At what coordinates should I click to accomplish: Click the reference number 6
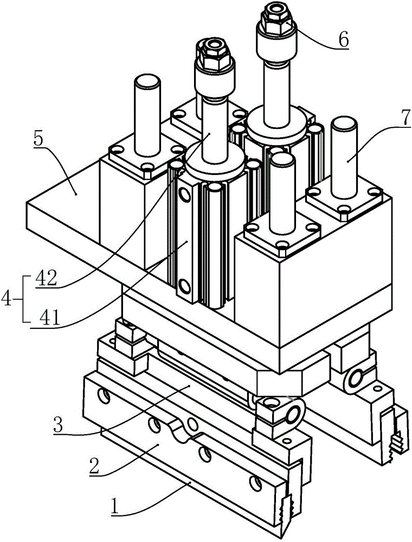pyautogui.click(x=343, y=39)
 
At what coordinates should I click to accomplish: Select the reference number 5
pyautogui.click(x=38, y=140)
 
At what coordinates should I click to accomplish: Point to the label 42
pyautogui.click(x=46, y=279)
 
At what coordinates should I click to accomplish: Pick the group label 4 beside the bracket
pyautogui.click(x=7, y=298)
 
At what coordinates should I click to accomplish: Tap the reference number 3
pyautogui.click(x=58, y=424)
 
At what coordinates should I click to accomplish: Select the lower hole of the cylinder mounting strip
pyautogui.click(x=183, y=287)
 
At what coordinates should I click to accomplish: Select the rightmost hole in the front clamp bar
pyautogui.click(x=255, y=483)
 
